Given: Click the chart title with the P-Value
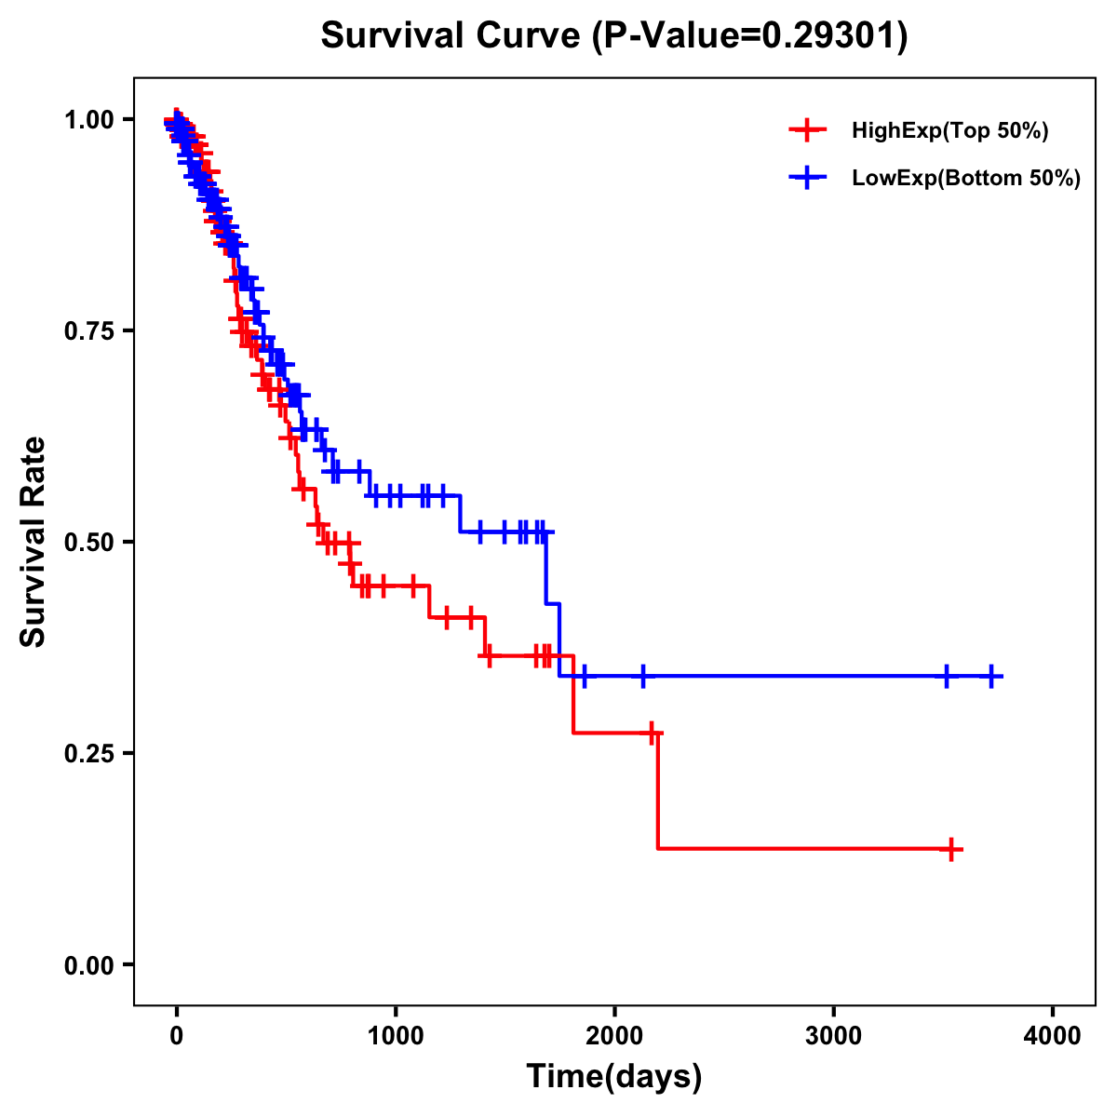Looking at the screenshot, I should pos(613,36).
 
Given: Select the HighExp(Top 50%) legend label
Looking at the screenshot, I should pos(950,131).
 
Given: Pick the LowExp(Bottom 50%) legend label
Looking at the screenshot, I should pos(966,179).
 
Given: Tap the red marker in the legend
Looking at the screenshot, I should pos(808,130).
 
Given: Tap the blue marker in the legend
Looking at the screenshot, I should pos(808,178).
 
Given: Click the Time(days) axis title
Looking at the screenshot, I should pos(614,1077).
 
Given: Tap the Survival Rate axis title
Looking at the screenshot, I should pos(34,542).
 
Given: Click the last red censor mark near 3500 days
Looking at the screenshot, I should pos(951,849).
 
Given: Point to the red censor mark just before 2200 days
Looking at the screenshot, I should pos(652,733).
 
